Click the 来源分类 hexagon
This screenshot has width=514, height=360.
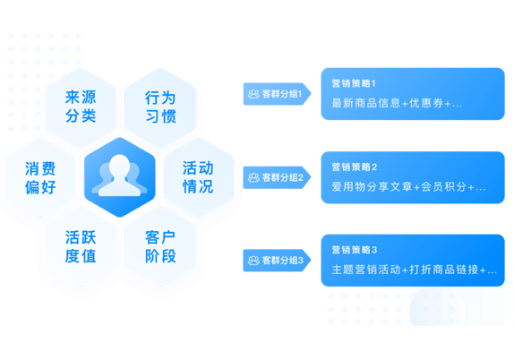(x=81, y=107)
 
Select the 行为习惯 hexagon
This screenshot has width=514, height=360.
(x=160, y=107)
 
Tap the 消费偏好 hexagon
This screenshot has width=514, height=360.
(x=40, y=177)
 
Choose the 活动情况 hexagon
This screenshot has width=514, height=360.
(x=198, y=177)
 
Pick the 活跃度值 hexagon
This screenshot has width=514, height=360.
(x=81, y=246)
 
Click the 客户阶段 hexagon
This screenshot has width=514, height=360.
(x=160, y=246)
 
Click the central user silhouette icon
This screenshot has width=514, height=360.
(x=120, y=176)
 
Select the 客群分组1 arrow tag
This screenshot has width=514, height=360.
(x=277, y=94)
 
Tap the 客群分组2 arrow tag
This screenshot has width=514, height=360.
(x=277, y=177)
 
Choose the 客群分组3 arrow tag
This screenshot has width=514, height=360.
(x=277, y=261)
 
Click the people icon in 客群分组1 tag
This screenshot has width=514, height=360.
(x=253, y=94)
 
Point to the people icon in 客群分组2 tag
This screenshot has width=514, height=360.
(x=253, y=178)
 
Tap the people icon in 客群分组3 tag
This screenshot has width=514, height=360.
(x=253, y=261)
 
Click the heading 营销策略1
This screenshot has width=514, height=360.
(x=354, y=83)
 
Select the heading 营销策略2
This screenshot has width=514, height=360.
(x=355, y=167)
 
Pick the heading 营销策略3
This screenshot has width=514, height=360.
(x=355, y=250)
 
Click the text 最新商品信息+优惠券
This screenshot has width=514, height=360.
(x=388, y=103)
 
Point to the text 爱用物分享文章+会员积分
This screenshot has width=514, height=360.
(x=399, y=187)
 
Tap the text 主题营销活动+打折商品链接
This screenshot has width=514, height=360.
(x=405, y=270)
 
